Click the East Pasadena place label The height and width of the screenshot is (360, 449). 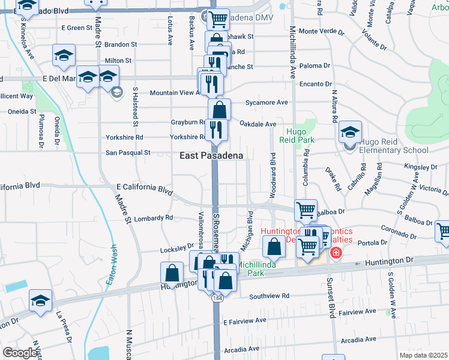pos(212,155)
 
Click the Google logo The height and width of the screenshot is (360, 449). pos(20,353)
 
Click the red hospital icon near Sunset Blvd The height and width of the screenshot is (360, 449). pos(335,253)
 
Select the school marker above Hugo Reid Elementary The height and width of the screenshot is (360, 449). pos(350,132)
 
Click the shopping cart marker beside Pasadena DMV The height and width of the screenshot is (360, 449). pos(217,20)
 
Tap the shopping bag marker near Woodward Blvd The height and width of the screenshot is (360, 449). pos(274,247)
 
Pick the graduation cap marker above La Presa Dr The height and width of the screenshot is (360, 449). pos(40,301)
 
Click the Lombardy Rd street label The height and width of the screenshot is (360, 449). pos(152,218)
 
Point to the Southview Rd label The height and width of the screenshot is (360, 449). pos(269,296)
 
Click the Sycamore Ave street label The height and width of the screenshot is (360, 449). pos(267,103)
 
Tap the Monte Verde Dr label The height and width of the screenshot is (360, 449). pos(319,31)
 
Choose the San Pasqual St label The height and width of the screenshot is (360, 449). pos(128,152)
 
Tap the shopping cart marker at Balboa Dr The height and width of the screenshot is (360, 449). pos(306,210)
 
